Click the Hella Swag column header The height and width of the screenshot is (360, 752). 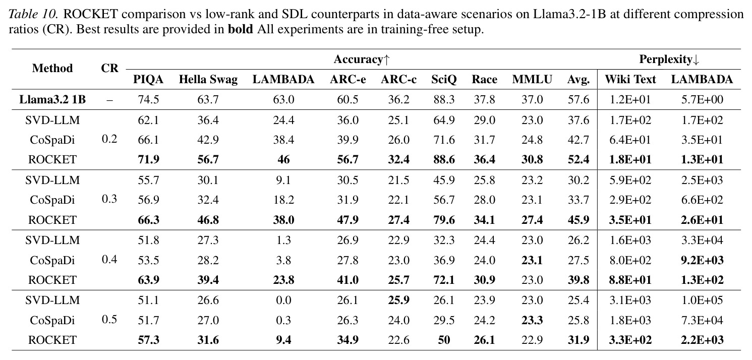coord(208,80)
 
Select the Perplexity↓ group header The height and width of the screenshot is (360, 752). coord(669,59)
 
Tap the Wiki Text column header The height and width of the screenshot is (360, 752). coord(630,80)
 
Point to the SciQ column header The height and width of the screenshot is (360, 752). coord(444,80)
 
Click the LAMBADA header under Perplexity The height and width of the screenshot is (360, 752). coord(702,80)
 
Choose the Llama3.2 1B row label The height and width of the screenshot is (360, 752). coord(52,100)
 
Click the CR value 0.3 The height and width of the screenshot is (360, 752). coord(109,199)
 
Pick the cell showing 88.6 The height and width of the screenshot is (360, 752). coord(444,159)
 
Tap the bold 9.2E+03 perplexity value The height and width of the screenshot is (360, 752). coord(702,260)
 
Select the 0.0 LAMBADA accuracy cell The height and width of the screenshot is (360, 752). coord(283,300)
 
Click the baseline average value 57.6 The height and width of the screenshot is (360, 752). coord(579,100)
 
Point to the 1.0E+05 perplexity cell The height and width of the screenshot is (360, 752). coord(702,300)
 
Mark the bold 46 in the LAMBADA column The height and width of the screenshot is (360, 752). coord(283,159)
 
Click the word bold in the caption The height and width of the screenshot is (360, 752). coord(241,29)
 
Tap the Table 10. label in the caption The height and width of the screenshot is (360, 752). coord(34,14)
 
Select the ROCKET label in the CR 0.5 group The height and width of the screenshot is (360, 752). coord(52,340)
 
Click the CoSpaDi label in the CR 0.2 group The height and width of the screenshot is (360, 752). coord(52,140)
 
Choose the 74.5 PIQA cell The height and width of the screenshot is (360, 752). coord(148,100)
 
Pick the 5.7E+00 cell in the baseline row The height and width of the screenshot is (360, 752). coord(702,100)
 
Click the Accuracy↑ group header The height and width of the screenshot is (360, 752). coord(362,59)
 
